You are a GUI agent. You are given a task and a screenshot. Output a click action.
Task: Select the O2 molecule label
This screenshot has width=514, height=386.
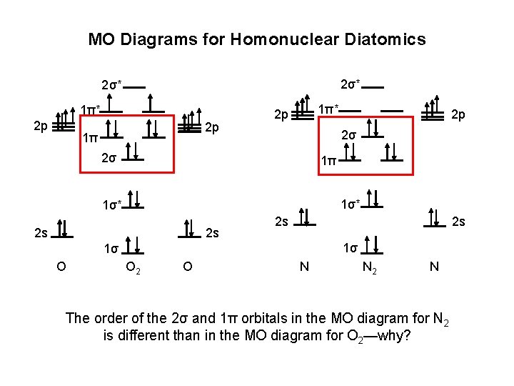point(133,267)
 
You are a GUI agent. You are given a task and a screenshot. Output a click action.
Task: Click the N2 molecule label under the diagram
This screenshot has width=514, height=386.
point(370,267)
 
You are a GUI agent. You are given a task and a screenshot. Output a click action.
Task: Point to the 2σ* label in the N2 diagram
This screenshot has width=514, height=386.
point(351,85)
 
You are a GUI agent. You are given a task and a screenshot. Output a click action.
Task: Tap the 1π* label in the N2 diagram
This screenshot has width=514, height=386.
point(328,109)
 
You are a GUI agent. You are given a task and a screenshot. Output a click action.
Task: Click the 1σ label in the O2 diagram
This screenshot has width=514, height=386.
point(110,249)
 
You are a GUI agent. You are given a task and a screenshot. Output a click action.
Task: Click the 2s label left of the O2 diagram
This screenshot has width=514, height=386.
point(41,233)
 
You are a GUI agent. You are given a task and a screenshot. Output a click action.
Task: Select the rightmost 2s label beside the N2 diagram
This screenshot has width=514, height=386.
point(460,222)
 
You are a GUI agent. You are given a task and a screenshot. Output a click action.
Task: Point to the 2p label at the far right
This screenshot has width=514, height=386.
point(458,115)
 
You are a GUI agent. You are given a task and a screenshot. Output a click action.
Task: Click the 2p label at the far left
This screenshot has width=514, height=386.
point(42,127)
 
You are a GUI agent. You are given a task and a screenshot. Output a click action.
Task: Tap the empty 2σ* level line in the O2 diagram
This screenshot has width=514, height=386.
point(136,88)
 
